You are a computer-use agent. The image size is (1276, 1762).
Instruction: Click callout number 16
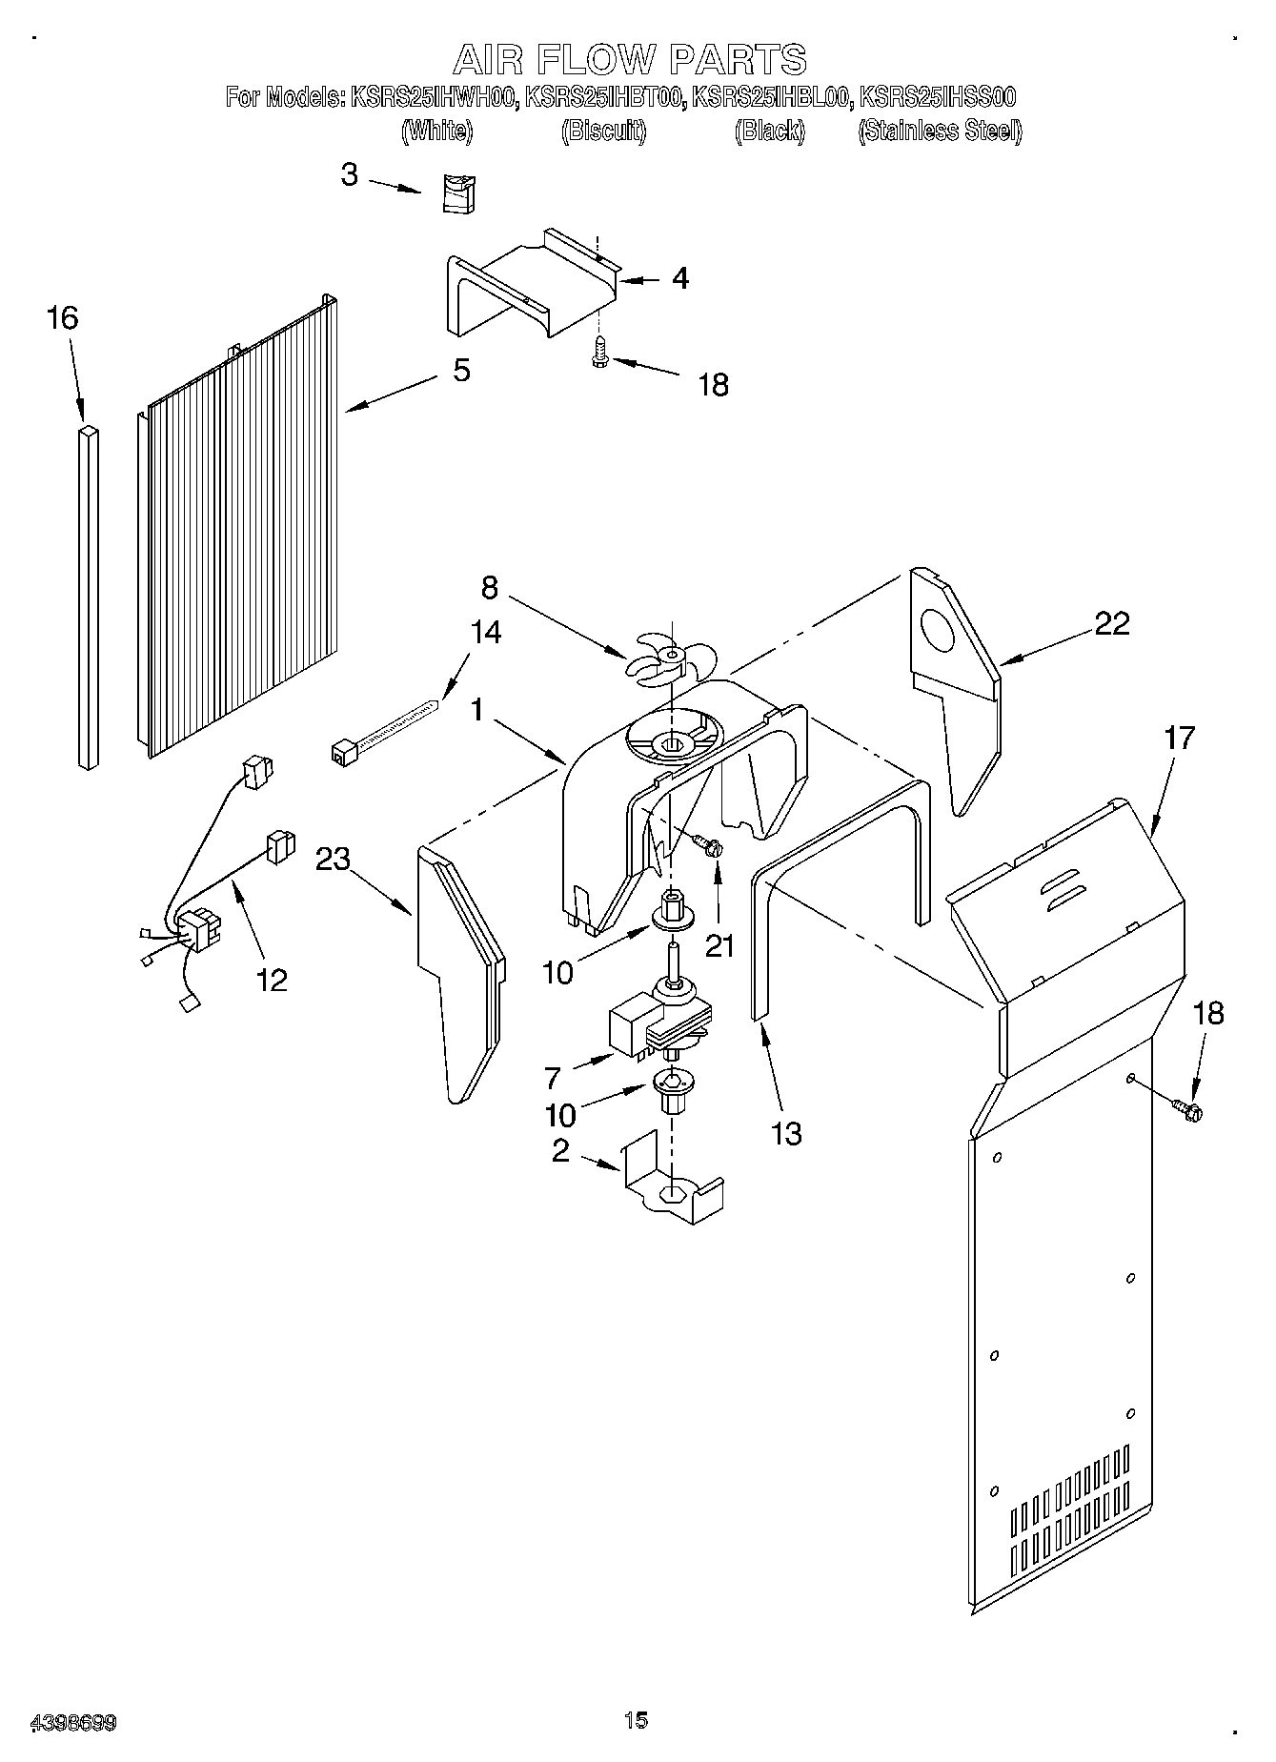(63, 317)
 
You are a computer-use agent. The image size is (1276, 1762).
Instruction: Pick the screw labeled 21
(708, 844)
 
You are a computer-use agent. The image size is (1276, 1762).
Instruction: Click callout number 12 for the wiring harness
(273, 980)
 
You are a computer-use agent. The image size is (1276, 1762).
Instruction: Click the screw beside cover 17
(1187, 1108)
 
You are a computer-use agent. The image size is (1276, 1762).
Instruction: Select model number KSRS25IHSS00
(938, 97)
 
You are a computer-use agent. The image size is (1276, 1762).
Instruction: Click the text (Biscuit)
(604, 132)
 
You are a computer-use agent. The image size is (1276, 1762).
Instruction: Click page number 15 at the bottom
(636, 1720)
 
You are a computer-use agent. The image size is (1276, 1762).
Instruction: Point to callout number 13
(786, 1133)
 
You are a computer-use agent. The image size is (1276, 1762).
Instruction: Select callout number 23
(333, 859)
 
